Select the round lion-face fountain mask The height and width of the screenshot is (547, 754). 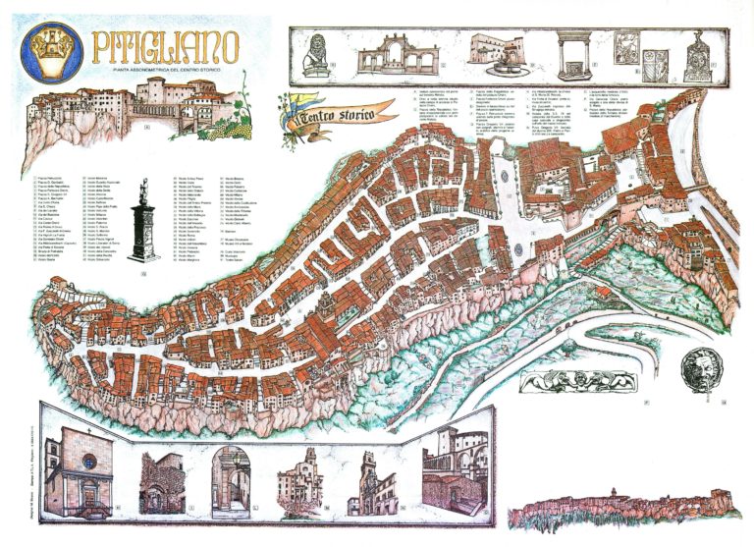[703, 363]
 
